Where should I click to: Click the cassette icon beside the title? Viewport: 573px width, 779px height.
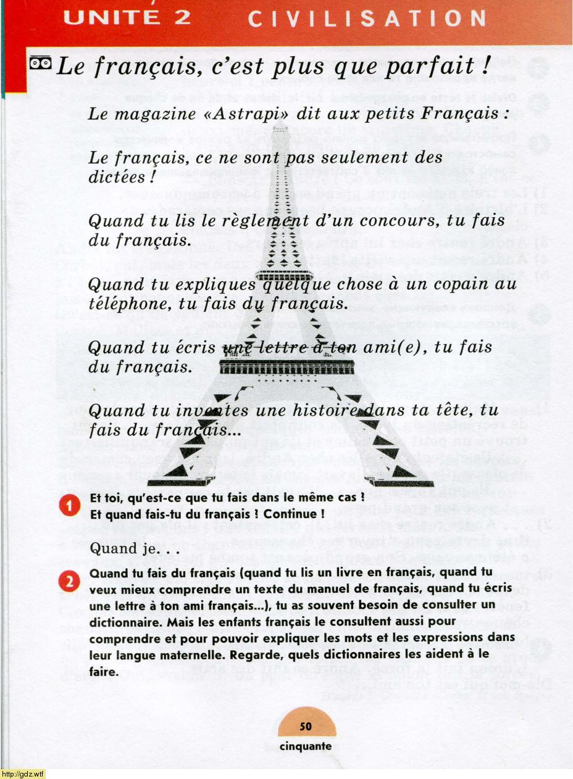(41, 63)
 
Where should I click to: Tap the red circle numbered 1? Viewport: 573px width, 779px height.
(70, 505)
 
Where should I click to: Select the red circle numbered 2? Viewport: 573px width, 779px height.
(70, 581)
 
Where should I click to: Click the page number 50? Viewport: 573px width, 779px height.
(306, 726)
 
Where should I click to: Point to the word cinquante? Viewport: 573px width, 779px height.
(306, 746)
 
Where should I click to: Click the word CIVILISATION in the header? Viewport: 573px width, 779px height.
(367, 19)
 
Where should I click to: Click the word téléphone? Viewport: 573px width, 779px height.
(129, 305)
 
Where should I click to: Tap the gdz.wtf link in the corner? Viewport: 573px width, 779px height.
(22, 774)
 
